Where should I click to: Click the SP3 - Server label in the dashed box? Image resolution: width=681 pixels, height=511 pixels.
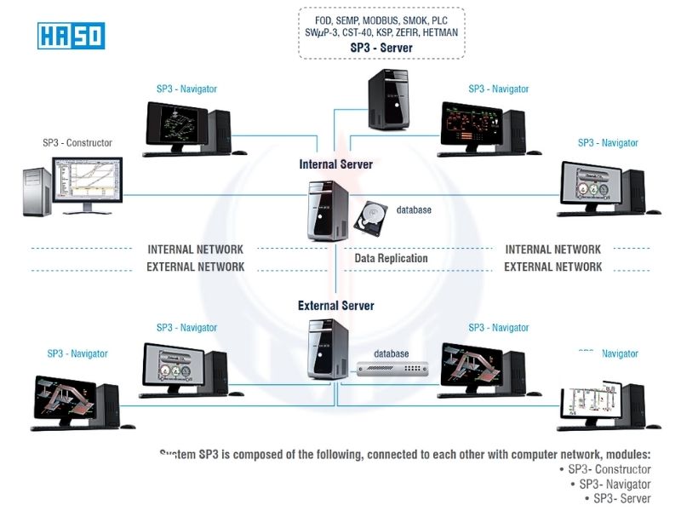381,49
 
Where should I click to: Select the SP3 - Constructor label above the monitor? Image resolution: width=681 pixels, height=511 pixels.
77,143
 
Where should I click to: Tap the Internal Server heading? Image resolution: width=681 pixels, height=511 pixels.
335,164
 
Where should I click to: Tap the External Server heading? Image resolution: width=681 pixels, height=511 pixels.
335,305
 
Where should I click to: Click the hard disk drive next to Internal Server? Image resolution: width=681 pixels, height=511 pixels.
370,217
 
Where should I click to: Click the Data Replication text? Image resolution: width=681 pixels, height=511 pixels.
391,258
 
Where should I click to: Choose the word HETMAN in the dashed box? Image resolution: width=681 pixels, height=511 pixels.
437,32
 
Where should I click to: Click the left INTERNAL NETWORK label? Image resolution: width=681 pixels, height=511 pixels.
196,250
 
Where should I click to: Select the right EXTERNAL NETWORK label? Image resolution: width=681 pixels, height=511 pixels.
553,267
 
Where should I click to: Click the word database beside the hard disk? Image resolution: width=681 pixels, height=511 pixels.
414,210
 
